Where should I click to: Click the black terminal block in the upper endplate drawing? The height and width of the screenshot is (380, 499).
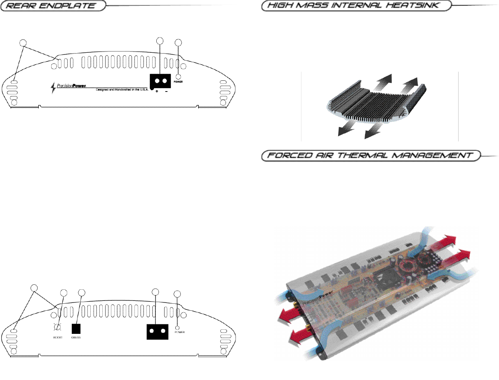point(160,81)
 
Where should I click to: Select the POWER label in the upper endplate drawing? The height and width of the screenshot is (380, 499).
point(179,82)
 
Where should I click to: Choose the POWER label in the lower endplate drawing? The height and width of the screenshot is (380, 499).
point(179,332)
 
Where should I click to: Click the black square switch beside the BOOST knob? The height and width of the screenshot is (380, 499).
point(76,328)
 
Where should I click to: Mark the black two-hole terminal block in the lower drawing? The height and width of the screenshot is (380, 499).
point(158,331)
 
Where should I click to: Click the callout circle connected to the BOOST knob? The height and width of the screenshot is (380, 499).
point(64,293)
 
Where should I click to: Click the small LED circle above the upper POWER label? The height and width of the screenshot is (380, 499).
point(179,76)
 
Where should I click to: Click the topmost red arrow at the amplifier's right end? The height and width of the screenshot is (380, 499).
point(447,240)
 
